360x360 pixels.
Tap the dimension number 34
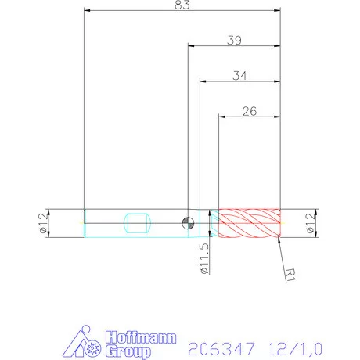(x=241, y=76)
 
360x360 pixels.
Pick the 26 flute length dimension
(x=250, y=111)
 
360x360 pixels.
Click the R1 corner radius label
(x=290, y=274)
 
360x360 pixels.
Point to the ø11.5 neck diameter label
(x=204, y=258)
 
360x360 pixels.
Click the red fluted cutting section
(x=249, y=223)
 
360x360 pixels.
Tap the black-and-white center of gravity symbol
(x=188, y=223)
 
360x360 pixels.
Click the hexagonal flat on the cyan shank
(x=137, y=223)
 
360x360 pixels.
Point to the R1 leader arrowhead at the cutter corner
(x=279, y=239)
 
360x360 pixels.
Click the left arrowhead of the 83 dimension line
(x=86, y=11)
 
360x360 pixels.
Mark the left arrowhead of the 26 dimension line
(x=221, y=117)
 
